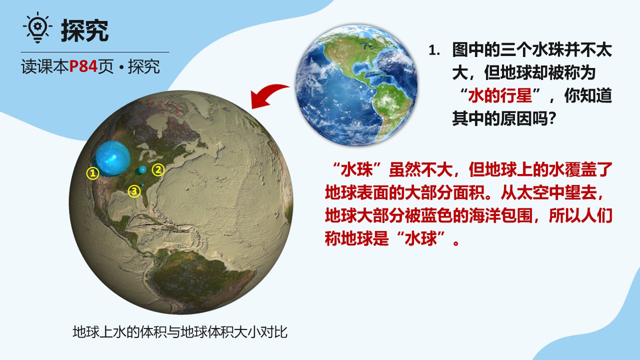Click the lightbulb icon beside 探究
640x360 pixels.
pos(37,27)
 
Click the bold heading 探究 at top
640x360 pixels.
pos(84,30)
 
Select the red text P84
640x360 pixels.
pos(83,66)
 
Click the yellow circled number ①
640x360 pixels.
pos(93,173)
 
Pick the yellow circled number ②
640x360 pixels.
pos(158,170)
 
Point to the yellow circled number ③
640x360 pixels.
pos(134,191)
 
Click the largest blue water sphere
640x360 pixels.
pos(113,157)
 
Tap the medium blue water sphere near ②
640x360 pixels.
pos(142,169)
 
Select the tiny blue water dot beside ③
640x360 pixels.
pos(142,185)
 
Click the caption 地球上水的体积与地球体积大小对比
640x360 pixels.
pos(180,332)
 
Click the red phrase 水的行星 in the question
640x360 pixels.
pos(499,95)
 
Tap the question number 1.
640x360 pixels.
pos(434,50)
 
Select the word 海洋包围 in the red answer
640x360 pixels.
pos(501,215)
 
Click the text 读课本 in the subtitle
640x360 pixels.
pos(45,66)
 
